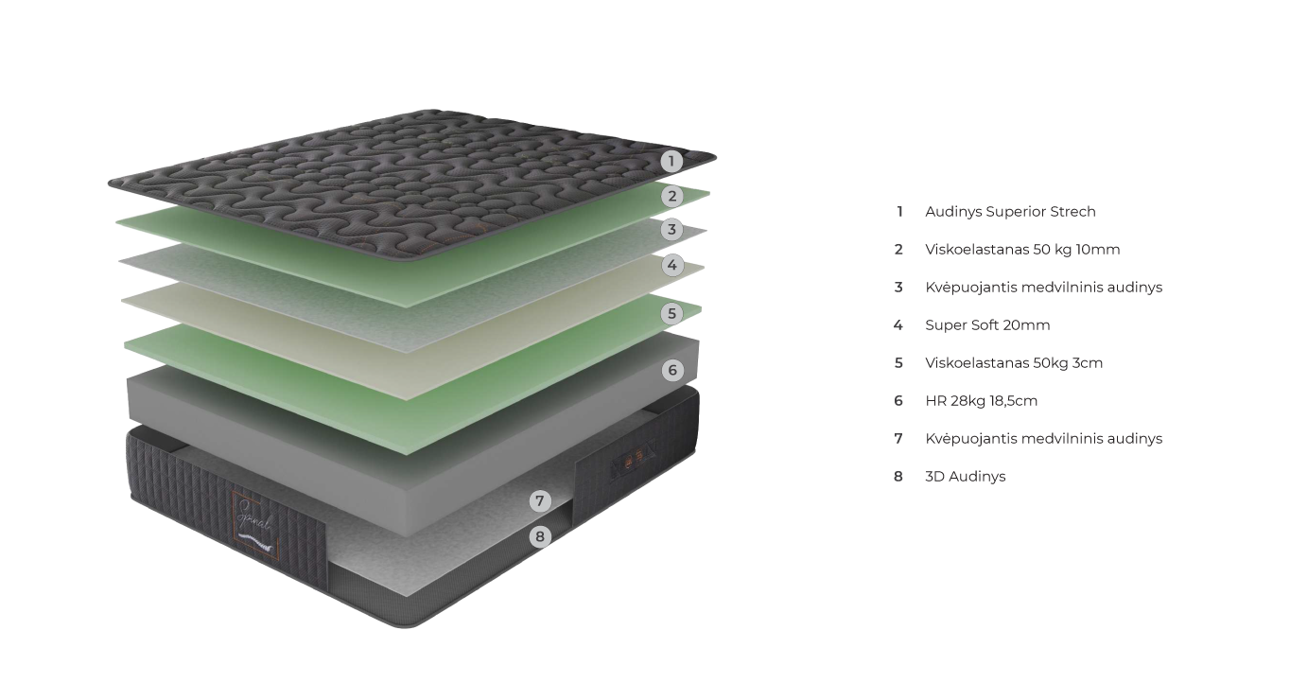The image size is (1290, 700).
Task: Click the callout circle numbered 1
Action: pos(671,161)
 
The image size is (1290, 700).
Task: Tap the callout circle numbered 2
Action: pos(671,196)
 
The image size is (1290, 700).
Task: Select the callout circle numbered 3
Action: pos(671,229)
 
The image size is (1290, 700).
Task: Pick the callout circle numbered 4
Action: pos(671,265)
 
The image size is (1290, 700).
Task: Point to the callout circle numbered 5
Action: pos(671,312)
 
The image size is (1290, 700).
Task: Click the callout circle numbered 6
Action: pos(672,370)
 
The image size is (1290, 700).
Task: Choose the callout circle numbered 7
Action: pos(540,500)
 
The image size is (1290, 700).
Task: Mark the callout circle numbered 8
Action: pos(540,536)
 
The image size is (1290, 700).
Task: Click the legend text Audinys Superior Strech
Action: pos(1010,212)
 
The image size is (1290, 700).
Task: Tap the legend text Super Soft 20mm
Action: pos(987,325)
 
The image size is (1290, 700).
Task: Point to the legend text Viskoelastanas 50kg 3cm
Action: pos(1014,363)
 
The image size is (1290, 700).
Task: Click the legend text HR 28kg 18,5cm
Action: pos(981,401)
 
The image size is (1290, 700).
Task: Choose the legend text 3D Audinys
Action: pos(965,477)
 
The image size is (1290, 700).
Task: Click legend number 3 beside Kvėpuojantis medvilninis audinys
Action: pos(898,288)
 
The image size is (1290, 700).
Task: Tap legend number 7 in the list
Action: pos(898,439)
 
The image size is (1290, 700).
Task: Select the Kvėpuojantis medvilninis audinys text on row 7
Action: pos(1043,439)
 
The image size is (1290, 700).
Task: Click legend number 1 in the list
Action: pos(899,212)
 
